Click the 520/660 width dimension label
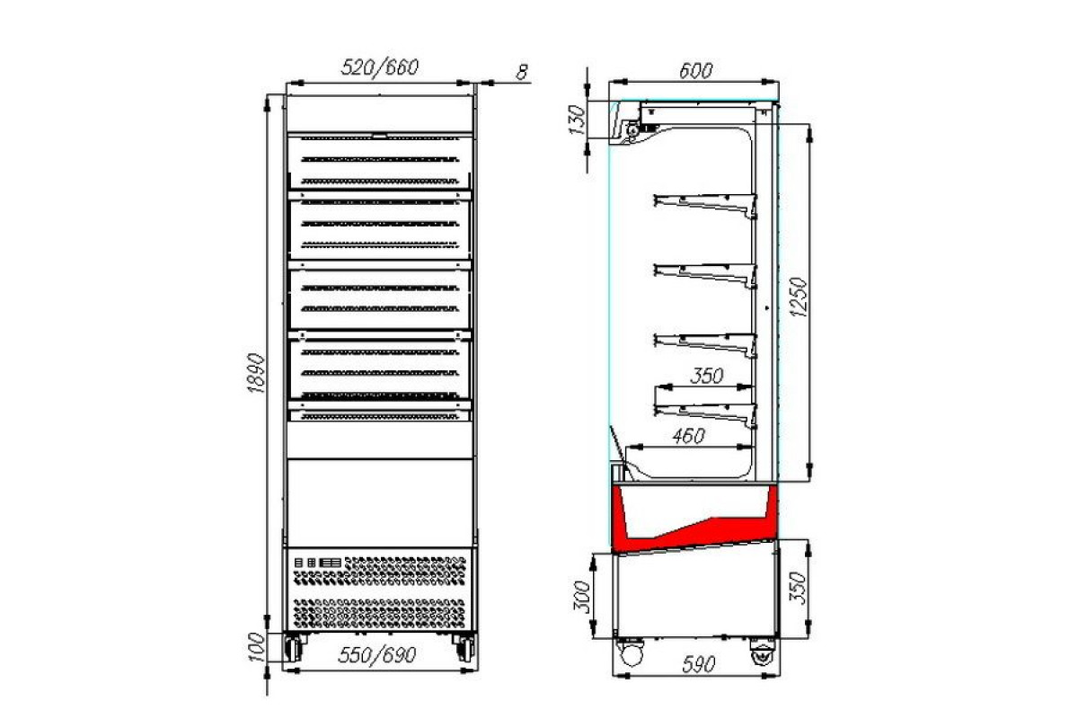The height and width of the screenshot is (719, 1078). tap(380, 67)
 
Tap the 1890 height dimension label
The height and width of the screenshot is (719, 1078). tap(256, 373)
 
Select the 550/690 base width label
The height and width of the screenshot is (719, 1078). tap(376, 654)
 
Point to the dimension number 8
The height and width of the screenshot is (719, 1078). tap(522, 72)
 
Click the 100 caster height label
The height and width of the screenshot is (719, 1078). tap(258, 647)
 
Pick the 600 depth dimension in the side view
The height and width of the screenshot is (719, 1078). tap(695, 71)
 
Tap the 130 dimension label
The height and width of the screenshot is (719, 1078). tap(577, 120)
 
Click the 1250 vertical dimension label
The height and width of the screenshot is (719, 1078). tap(798, 297)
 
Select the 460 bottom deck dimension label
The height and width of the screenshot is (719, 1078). tap(689, 436)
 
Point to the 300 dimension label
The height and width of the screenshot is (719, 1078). tap(582, 597)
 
